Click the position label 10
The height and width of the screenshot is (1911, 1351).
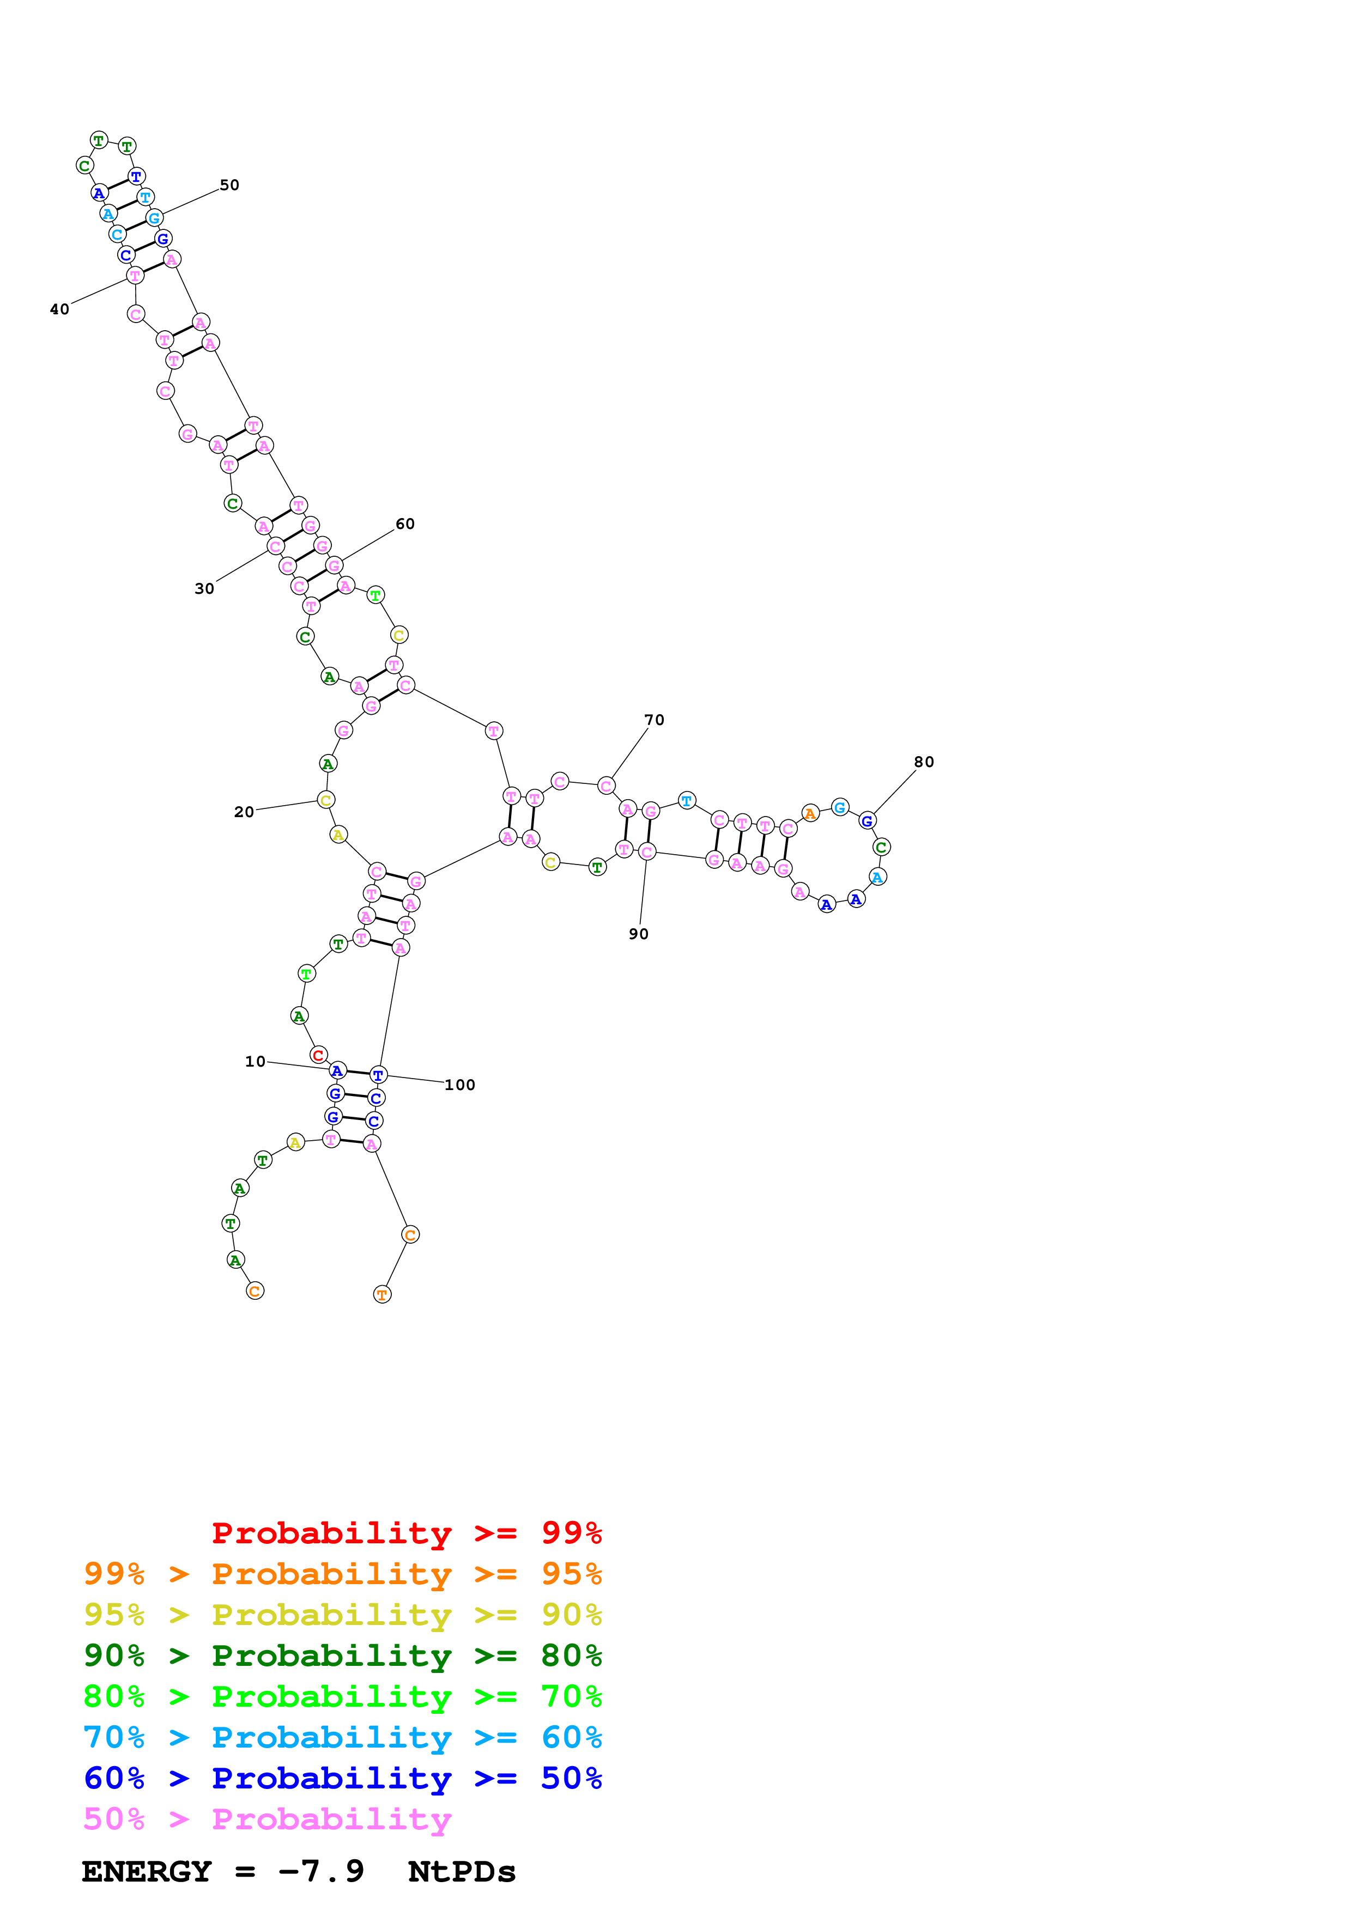click(x=255, y=1061)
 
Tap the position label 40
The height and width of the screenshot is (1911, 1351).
click(x=59, y=309)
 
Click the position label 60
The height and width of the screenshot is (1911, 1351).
click(x=404, y=524)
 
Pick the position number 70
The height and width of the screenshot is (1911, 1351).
click(x=655, y=720)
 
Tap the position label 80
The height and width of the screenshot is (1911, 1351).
click(x=924, y=762)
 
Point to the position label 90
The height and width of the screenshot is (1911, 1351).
click(x=639, y=934)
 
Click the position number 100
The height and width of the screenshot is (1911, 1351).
click(x=459, y=1085)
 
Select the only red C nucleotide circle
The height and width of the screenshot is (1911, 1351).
click(x=318, y=1055)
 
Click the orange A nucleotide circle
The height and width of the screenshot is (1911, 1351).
click(x=810, y=813)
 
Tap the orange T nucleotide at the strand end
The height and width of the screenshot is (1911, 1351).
click(x=382, y=1294)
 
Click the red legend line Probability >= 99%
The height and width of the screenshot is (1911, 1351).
click(x=406, y=1532)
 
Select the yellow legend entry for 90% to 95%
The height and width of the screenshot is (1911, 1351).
click(x=342, y=1614)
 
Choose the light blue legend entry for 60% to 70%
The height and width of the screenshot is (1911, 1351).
click(x=342, y=1737)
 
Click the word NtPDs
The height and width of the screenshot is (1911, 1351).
click(x=462, y=1872)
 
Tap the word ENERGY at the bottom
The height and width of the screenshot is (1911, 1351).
click(x=147, y=1872)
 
